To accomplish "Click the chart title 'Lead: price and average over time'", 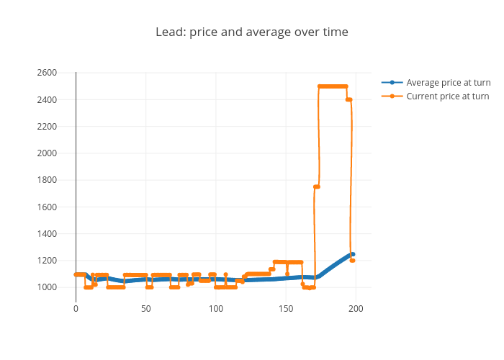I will (x=252, y=32).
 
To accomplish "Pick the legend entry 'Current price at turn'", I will (x=447, y=96).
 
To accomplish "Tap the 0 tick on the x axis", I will (x=76, y=309).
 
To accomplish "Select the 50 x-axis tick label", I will (x=146, y=309).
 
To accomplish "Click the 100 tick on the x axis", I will (x=216, y=309).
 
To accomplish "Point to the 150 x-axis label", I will (x=286, y=309).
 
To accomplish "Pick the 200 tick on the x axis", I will (x=356, y=309).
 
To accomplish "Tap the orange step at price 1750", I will (x=316, y=186).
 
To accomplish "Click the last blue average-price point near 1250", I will (x=353, y=254).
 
